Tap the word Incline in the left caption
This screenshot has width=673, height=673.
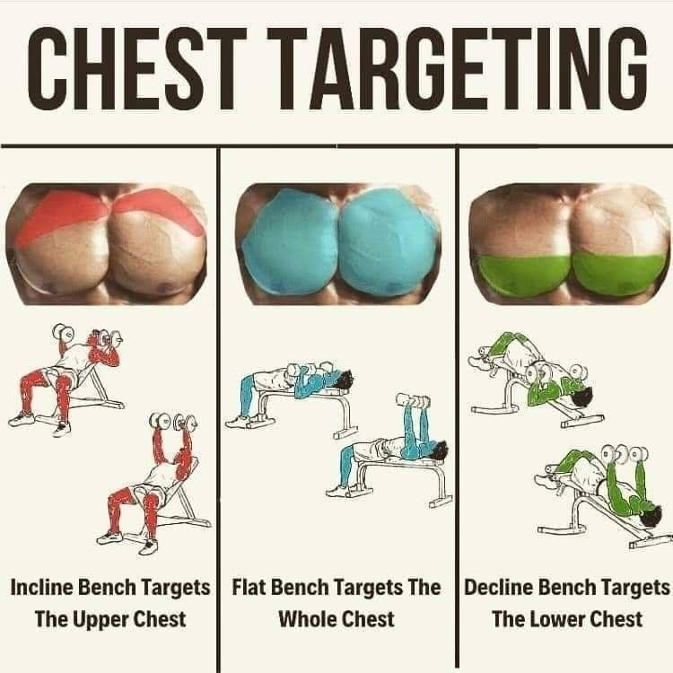pyautogui.click(x=44, y=589)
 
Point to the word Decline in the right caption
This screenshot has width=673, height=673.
pyautogui.click(x=496, y=589)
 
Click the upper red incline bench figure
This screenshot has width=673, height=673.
pyautogui.click(x=67, y=377)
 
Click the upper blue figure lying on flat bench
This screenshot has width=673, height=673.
pyautogui.click(x=292, y=386)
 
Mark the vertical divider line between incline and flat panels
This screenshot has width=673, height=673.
pyautogui.click(x=219, y=404)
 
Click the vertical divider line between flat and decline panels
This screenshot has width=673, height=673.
pyautogui.click(x=457, y=404)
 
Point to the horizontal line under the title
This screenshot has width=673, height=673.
pyautogui.click(x=336, y=144)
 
